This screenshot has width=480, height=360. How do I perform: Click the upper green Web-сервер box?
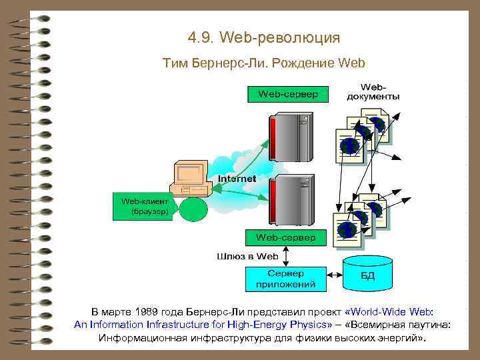tap(287, 94)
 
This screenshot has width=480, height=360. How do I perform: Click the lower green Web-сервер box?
tap(287, 237)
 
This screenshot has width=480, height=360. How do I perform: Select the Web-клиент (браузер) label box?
tap(145, 207)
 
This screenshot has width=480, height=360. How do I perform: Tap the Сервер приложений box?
tap(286, 279)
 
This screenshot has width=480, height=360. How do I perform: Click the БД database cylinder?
tap(367, 273)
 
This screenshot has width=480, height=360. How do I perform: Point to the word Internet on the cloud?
tap(237, 179)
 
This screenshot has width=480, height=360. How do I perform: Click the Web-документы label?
tap(373, 91)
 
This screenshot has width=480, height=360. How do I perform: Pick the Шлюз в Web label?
tap(247, 256)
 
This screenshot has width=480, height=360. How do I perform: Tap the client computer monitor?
tap(189, 175)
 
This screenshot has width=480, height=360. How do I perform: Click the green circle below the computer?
tap(194, 208)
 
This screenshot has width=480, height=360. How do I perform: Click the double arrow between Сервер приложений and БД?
tap(335, 273)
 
